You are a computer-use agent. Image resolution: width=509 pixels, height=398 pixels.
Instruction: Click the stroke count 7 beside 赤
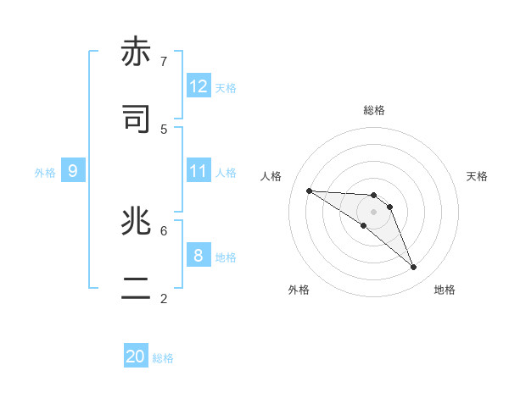coord(164,61)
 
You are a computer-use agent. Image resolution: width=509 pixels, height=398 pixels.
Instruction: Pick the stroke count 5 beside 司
coord(164,129)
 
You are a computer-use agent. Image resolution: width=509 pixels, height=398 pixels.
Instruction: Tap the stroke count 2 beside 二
coord(164,298)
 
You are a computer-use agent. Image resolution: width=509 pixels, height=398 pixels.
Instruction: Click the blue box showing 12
coord(199,86)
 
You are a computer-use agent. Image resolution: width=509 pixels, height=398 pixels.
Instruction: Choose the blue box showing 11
coord(199,171)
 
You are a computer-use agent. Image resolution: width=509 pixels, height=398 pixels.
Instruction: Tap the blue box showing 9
coord(73,171)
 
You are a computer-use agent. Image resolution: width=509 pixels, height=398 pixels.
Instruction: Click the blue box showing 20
coord(136,357)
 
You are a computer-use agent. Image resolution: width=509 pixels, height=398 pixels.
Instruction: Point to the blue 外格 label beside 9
coord(45,173)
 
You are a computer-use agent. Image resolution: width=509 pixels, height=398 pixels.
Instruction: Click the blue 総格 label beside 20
coord(163,359)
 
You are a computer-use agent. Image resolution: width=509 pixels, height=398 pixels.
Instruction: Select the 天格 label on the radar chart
coord(477,176)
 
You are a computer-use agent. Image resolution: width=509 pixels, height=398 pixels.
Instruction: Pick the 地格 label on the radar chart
coord(445,290)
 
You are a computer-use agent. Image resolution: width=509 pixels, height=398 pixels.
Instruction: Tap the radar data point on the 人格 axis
coord(309,191)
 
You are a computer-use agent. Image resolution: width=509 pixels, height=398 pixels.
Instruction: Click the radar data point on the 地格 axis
coord(414,268)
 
